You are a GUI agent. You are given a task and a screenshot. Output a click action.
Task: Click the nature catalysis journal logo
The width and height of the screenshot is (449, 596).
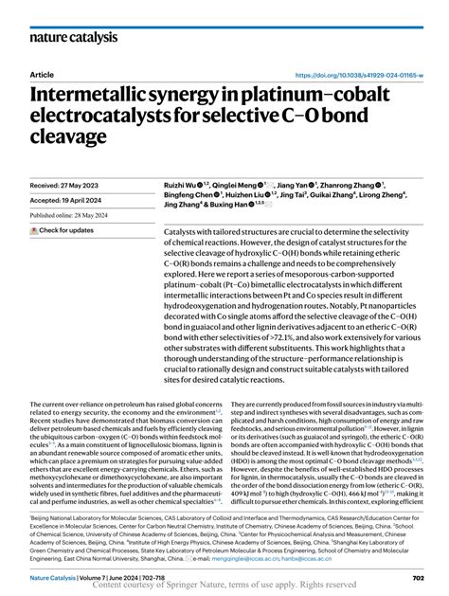[x=74, y=37]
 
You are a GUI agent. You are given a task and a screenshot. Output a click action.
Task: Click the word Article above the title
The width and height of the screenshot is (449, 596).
[x=43, y=74]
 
